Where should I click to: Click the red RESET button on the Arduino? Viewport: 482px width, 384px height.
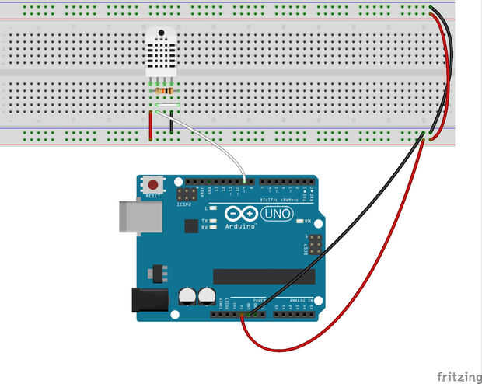point(154,185)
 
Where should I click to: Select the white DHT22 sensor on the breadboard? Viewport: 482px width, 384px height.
point(164,53)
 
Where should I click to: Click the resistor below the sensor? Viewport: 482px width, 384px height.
point(164,92)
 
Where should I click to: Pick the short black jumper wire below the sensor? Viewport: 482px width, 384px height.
point(171,124)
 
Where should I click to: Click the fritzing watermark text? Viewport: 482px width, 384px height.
point(458,376)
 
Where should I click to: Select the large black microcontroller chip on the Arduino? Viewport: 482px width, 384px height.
point(264,276)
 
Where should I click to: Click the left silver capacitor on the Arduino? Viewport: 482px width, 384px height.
point(187,296)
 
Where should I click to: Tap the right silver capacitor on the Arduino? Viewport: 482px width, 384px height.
point(206,296)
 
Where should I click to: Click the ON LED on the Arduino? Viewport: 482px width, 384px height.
point(299,222)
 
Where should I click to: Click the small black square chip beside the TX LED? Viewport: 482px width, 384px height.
point(191,225)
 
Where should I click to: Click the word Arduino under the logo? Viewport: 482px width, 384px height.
point(242,225)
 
